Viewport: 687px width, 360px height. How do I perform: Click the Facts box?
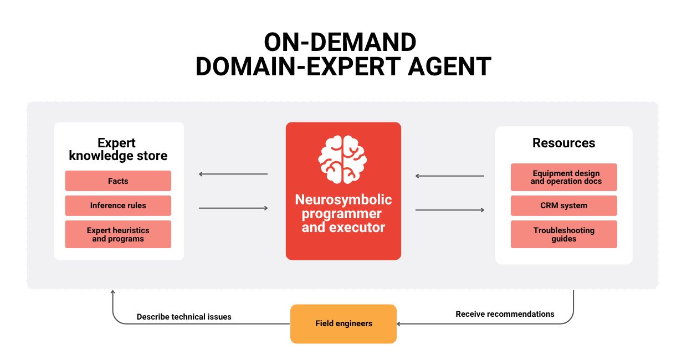pyautogui.click(x=118, y=181)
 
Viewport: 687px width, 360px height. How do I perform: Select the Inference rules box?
pyautogui.click(x=118, y=205)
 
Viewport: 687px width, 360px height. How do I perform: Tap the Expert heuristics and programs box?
pyautogui.click(x=118, y=234)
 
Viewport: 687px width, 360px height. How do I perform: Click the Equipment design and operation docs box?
pyautogui.click(x=563, y=177)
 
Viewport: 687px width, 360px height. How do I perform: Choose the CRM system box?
pyautogui.click(x=563, y=205)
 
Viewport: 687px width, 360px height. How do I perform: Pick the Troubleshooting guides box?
pyautogui.click(x=563, y=234)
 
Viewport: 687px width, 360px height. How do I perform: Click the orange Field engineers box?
pyautogui.click(x=343, y=324)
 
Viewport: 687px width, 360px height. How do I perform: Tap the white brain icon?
pyautogui.click(x=342, y=160)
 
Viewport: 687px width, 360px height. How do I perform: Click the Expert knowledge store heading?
pyautogui.click(x=118, y=150)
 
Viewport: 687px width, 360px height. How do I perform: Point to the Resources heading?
pyautogui.click(x=563, y=143)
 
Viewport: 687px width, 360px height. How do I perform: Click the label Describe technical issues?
pyautogui.click(x=184, y=317)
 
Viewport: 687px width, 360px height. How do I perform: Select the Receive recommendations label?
pyautogui.click(x=505, y=314)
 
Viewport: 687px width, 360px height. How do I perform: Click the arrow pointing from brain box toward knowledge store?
pyautogui.click(x=233, y=174)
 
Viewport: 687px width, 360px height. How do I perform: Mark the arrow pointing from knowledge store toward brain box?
pyautogui.click(x=233, y=208)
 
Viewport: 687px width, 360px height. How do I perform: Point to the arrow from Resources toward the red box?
pyautogui.click(x=450, y=176)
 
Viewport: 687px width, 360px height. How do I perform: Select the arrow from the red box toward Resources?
pyautogui.click(x=450, y=210)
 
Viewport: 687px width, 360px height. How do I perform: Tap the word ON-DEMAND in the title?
pyautogui.click(x=340, y=42)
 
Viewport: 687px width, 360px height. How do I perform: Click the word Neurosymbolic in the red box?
pyautogui.click(x=343, y=199)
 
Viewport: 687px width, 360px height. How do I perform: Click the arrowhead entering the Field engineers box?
pyautogui.click(x=399, y=324)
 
